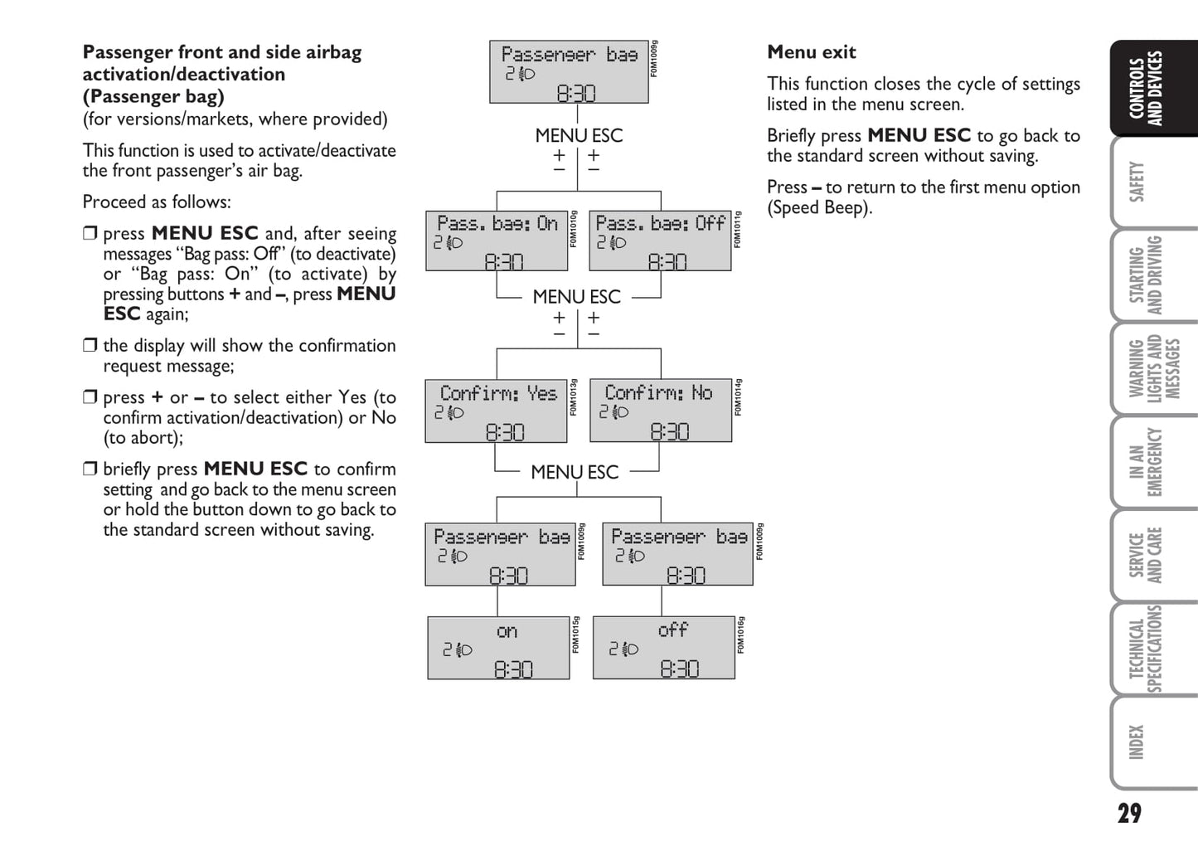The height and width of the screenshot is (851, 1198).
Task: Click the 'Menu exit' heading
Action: tap(811, 52)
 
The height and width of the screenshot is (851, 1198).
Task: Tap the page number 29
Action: tap(1128, 813)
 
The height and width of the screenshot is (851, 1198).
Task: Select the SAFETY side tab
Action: tap(1137, 182)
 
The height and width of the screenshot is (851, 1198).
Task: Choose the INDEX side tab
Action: tap(1137, 742)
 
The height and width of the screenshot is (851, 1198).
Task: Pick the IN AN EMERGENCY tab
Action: tap(1147, 462)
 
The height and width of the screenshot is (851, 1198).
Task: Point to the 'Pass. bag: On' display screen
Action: tap(497, 241)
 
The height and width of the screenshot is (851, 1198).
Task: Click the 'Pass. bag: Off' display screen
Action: tap(660, 241)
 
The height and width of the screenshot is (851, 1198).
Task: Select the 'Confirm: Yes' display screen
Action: tap(497, 411)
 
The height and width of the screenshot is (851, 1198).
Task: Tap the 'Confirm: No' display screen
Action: tap(661, 411)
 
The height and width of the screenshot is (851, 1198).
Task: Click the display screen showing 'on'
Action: tap(498, 648)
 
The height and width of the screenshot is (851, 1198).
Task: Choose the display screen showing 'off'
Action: tap(664, 647)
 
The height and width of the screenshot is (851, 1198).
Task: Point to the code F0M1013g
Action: tap(574, 397)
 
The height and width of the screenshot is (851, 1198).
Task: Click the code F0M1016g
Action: tap(741, 635)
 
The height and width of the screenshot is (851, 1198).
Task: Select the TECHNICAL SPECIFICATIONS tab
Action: tap(1147, 649)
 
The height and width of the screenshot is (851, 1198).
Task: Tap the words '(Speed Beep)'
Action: tap(819, 208)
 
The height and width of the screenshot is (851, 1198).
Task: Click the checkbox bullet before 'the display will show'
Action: tap(90, 345)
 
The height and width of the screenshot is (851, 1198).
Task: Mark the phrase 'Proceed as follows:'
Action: tap(157, 202)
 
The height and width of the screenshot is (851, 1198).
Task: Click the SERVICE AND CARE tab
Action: tap(1147, 555)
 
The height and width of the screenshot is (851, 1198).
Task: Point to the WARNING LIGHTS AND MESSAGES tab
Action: tap(1153, 368)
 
